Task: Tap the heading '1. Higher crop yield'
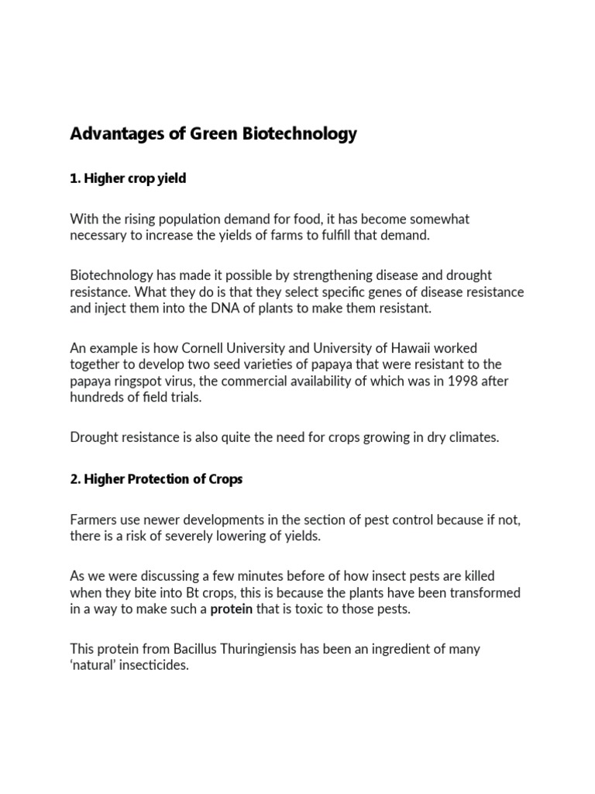click(128, 178)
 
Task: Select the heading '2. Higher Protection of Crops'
click(156, 479)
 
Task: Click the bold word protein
click(232, 609)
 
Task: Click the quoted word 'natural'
click(95, 665)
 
